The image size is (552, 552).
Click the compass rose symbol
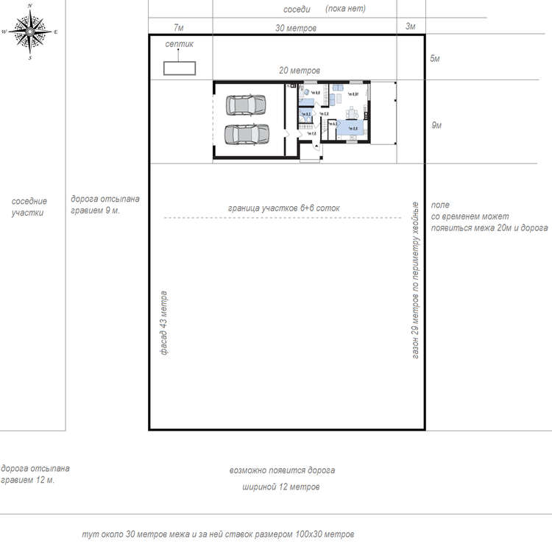pos(29,32)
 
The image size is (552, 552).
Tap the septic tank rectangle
pos(179,68)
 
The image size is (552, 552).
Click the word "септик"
pos(179,44)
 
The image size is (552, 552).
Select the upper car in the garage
pos(246,106)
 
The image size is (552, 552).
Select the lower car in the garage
pos(246,135)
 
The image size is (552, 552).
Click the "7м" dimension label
pos(178,27)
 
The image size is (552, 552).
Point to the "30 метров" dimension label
pos(296,28)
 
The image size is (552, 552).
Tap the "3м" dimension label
pos(411,27)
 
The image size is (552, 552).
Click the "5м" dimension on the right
pos(434,58)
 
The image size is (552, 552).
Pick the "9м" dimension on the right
pos(436,126)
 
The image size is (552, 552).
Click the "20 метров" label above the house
pos(300,71)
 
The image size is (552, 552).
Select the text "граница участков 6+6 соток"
pos(284,208)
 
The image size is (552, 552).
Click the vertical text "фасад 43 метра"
pos(165,323)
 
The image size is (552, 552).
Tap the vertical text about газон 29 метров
pos(415,279)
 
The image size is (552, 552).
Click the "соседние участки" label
pos(29,207)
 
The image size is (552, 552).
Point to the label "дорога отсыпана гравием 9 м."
pos(105,204)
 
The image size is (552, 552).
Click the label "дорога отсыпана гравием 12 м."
pos(35,474)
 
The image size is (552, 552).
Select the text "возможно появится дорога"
pos(282,470)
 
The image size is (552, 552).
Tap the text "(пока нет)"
pos(345,10)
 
